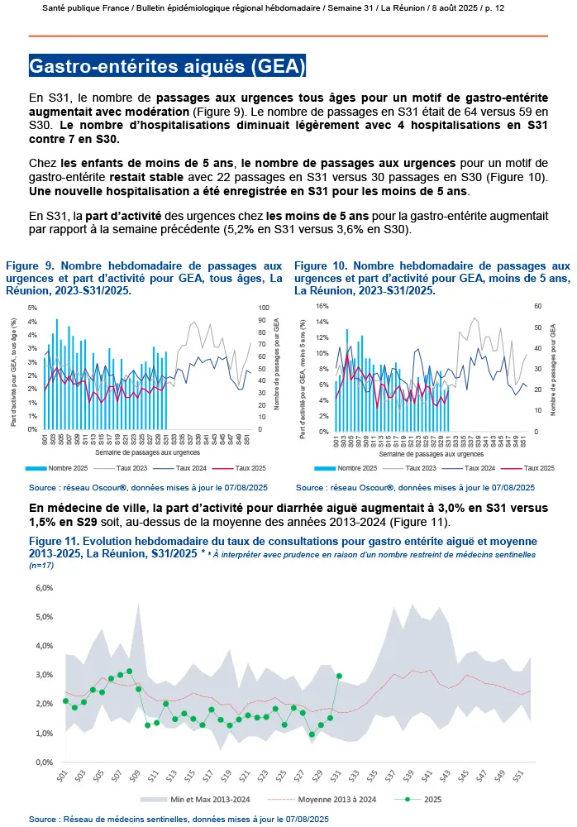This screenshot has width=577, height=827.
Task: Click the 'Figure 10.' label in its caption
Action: pos(322,266)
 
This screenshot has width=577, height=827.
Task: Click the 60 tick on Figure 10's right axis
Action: pos(536,306)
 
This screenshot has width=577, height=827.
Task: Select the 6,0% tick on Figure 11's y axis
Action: pos(43,588)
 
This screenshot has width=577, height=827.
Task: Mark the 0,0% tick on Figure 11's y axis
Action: pos(43,762)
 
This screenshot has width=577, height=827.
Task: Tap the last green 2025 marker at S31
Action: pos(339,676)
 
